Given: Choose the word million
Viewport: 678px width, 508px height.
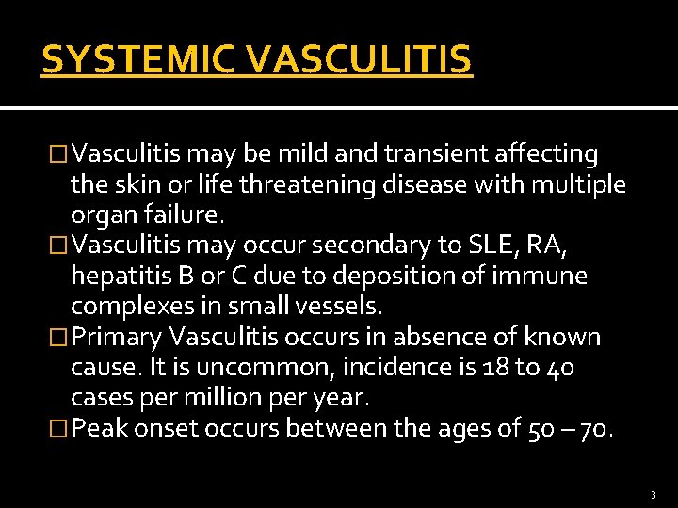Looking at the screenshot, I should pyautogui.click(x=236, y=398).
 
